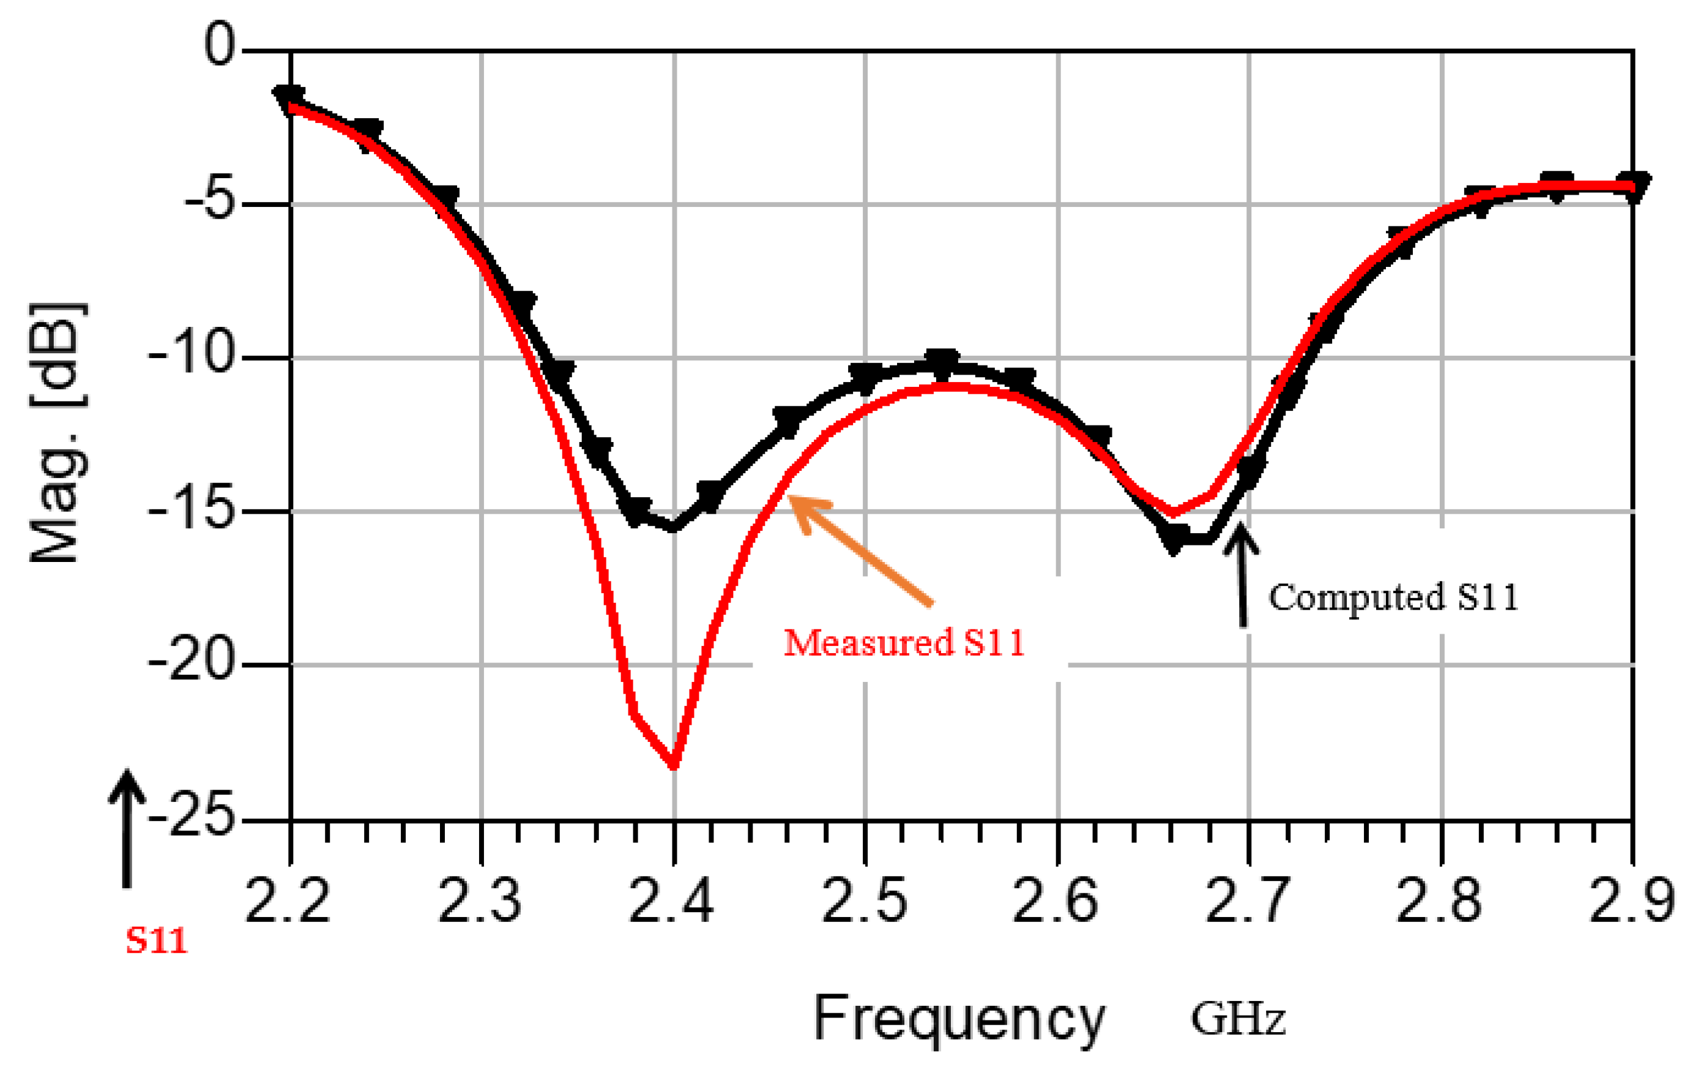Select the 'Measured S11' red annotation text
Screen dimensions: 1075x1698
click(904, 643)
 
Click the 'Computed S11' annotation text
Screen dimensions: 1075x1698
click(1393, 598)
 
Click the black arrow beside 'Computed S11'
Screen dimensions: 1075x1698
click(1241, 575)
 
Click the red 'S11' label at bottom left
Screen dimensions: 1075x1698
click(157, 941)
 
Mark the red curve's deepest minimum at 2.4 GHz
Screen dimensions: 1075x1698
click(674, 765)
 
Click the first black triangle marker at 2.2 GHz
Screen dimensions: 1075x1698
click(289, 98)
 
